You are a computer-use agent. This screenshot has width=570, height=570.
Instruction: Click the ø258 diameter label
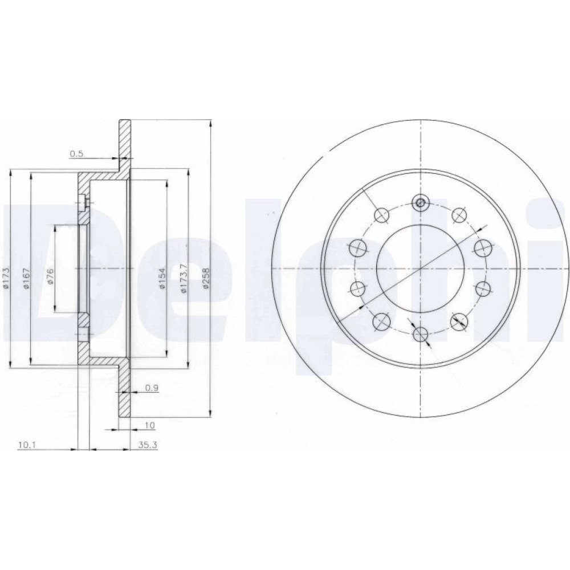206,278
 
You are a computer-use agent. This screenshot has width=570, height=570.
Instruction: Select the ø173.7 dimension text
184,278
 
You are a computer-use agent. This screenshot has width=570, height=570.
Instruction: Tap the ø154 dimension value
162,279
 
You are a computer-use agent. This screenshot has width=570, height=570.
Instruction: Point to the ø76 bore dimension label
50,275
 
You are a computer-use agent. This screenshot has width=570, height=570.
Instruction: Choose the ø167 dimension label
26,278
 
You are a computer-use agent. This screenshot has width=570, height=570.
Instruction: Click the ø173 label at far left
6,278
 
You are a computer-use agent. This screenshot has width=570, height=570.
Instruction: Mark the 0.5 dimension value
77,154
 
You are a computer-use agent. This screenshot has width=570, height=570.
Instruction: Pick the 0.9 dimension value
152,388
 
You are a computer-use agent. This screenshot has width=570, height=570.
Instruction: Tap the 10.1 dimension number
26,444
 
